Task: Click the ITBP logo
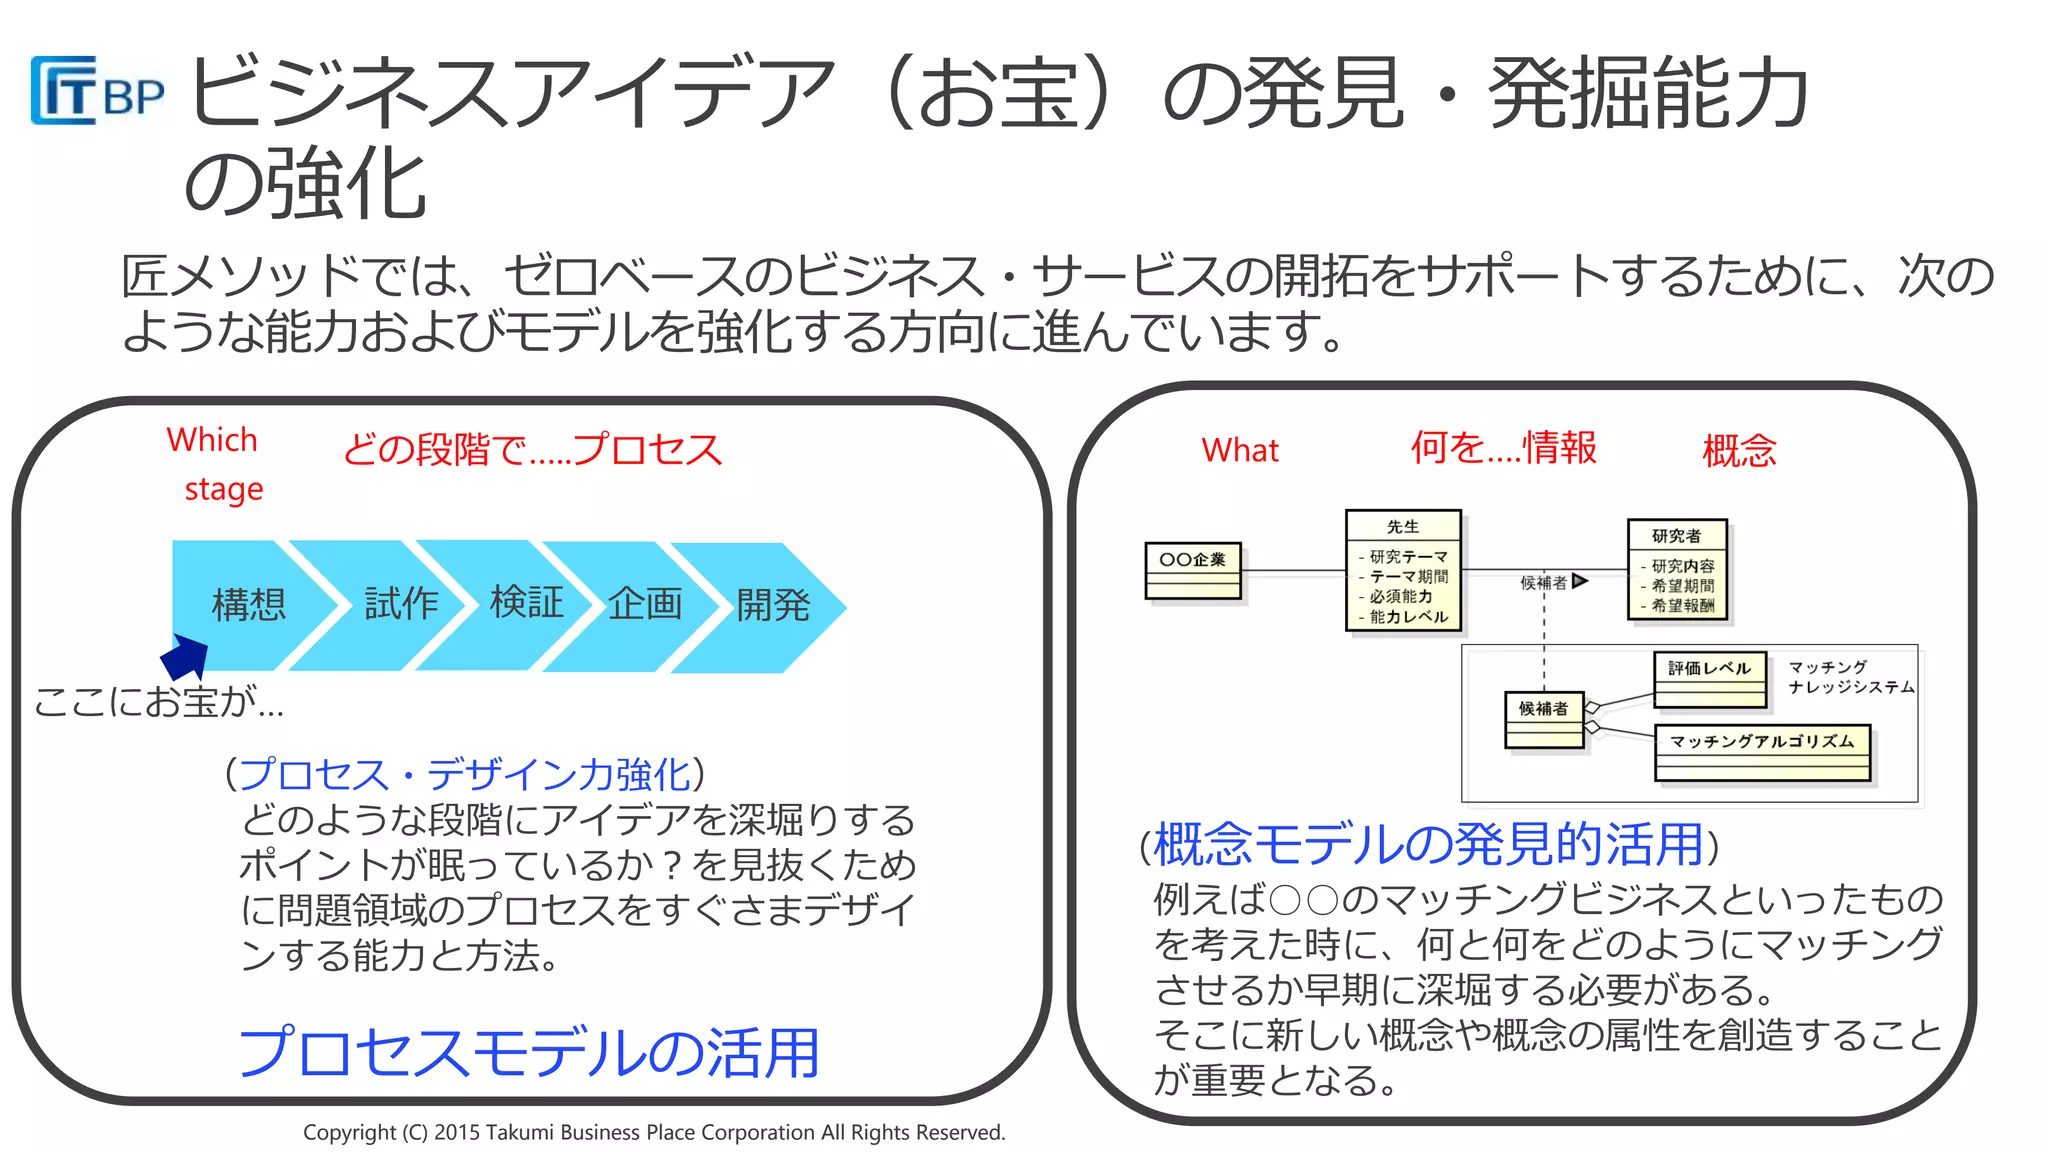coord(97,91)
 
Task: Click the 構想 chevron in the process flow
coord(249,605)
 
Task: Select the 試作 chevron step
coord(400,603)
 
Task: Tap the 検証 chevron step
coord(526,602)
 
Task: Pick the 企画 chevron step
coord(645,604)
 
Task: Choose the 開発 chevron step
coord(772,605)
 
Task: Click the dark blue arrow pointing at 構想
coord(185,658)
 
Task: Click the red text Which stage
coord(214,464)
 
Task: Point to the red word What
coord(1239,450)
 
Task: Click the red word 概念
coord(1738,450)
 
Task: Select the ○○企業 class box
coord(1192,570)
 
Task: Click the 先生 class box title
coord(1402,527)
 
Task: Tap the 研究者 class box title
coord(1676,536)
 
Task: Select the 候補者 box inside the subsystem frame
coord(1543,719)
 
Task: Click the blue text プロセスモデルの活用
coord(528,1052)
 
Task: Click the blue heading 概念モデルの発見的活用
coord(1428,844)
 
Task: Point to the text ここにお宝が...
coord(158,701)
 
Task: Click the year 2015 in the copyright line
coord(456,1132)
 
